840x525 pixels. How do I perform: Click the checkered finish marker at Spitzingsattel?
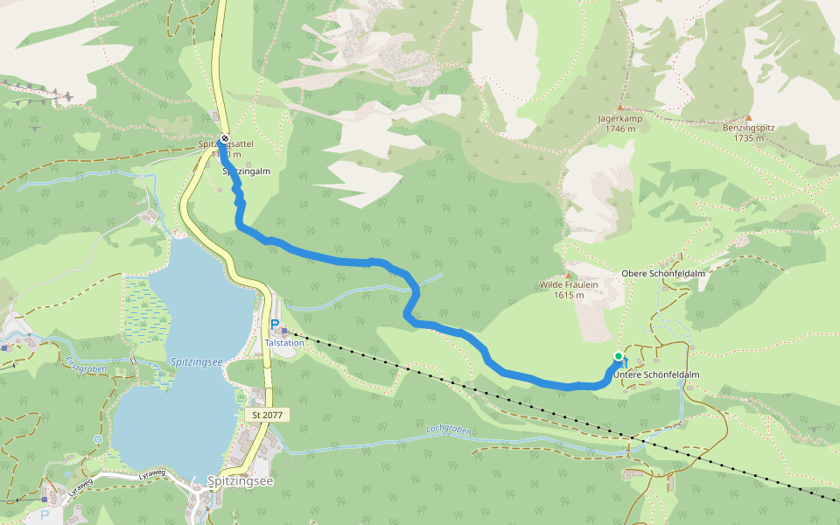(225, 138)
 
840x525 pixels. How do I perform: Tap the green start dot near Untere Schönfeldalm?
(619, 356)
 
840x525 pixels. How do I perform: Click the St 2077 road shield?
(267, 415)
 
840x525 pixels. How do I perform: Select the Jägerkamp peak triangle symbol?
(620, 107)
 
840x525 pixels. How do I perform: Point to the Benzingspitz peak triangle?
(749, 117)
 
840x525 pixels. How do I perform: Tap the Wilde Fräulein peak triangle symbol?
(569, 275)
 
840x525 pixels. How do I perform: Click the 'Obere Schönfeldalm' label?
(663, 273)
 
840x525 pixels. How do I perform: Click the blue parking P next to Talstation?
(275, 325)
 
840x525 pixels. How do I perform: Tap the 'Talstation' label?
(284, 343)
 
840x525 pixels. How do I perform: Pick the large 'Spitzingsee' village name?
(240, 480)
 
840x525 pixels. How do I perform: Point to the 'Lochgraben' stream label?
(448, 430)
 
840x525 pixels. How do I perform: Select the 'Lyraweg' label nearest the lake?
(150, 476)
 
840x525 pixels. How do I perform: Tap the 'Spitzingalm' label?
(243, 172)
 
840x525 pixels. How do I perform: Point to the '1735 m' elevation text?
(749, 137)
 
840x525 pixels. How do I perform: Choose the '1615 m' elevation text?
(569, 295)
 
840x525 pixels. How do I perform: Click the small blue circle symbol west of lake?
(97, 438)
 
